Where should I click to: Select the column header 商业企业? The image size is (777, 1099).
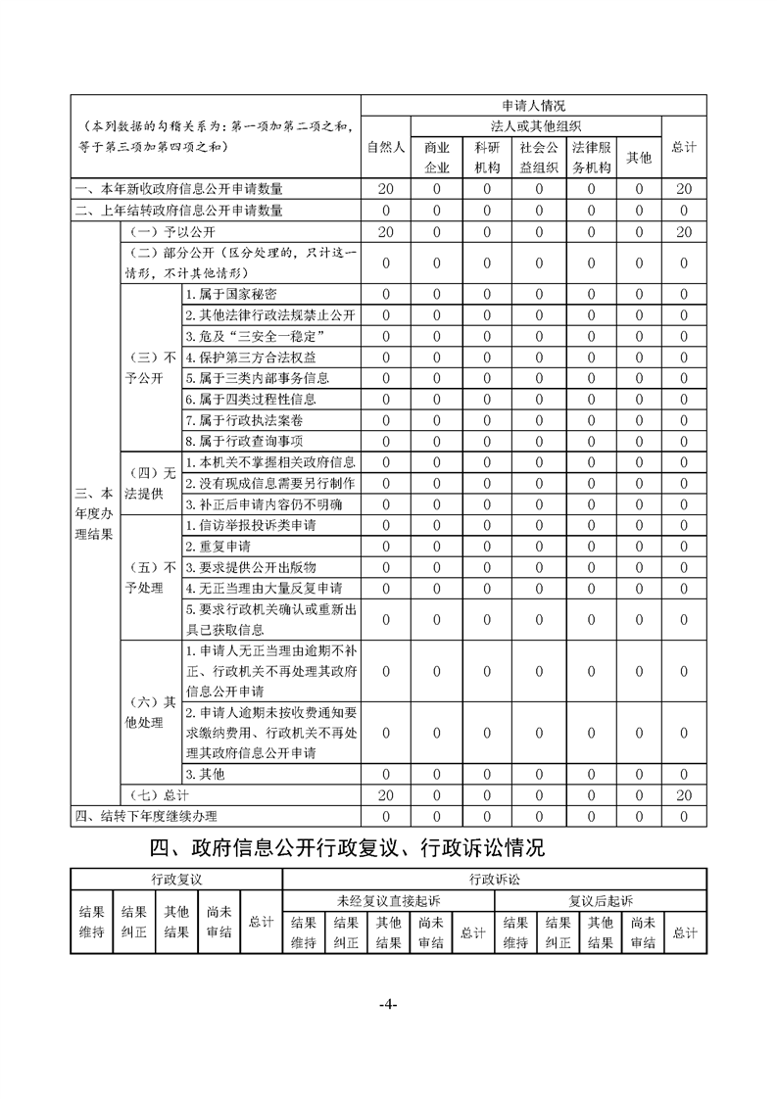point(437,157)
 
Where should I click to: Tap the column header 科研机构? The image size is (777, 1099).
point(488,157)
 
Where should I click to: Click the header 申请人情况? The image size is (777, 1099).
point(534,105)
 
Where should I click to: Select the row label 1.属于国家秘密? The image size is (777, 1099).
point(231,294)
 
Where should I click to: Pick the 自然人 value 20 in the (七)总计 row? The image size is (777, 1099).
point(386,795)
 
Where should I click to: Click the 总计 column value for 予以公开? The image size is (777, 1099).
point(684,231)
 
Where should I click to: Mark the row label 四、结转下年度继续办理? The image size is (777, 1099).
point(146,816)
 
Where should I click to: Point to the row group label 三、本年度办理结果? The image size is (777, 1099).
point(94,514)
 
